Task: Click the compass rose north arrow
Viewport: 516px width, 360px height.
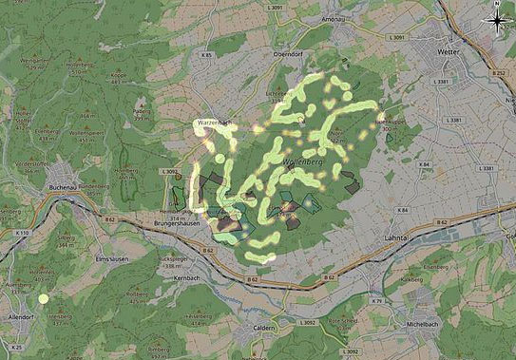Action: pos(499,20)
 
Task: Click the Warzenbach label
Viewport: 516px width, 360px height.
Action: pos(213,123)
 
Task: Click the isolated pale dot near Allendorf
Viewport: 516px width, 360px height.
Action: pos(43,299)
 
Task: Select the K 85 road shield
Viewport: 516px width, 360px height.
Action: pos(207,56)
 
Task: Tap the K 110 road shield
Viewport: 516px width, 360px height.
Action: pos(23,233)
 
